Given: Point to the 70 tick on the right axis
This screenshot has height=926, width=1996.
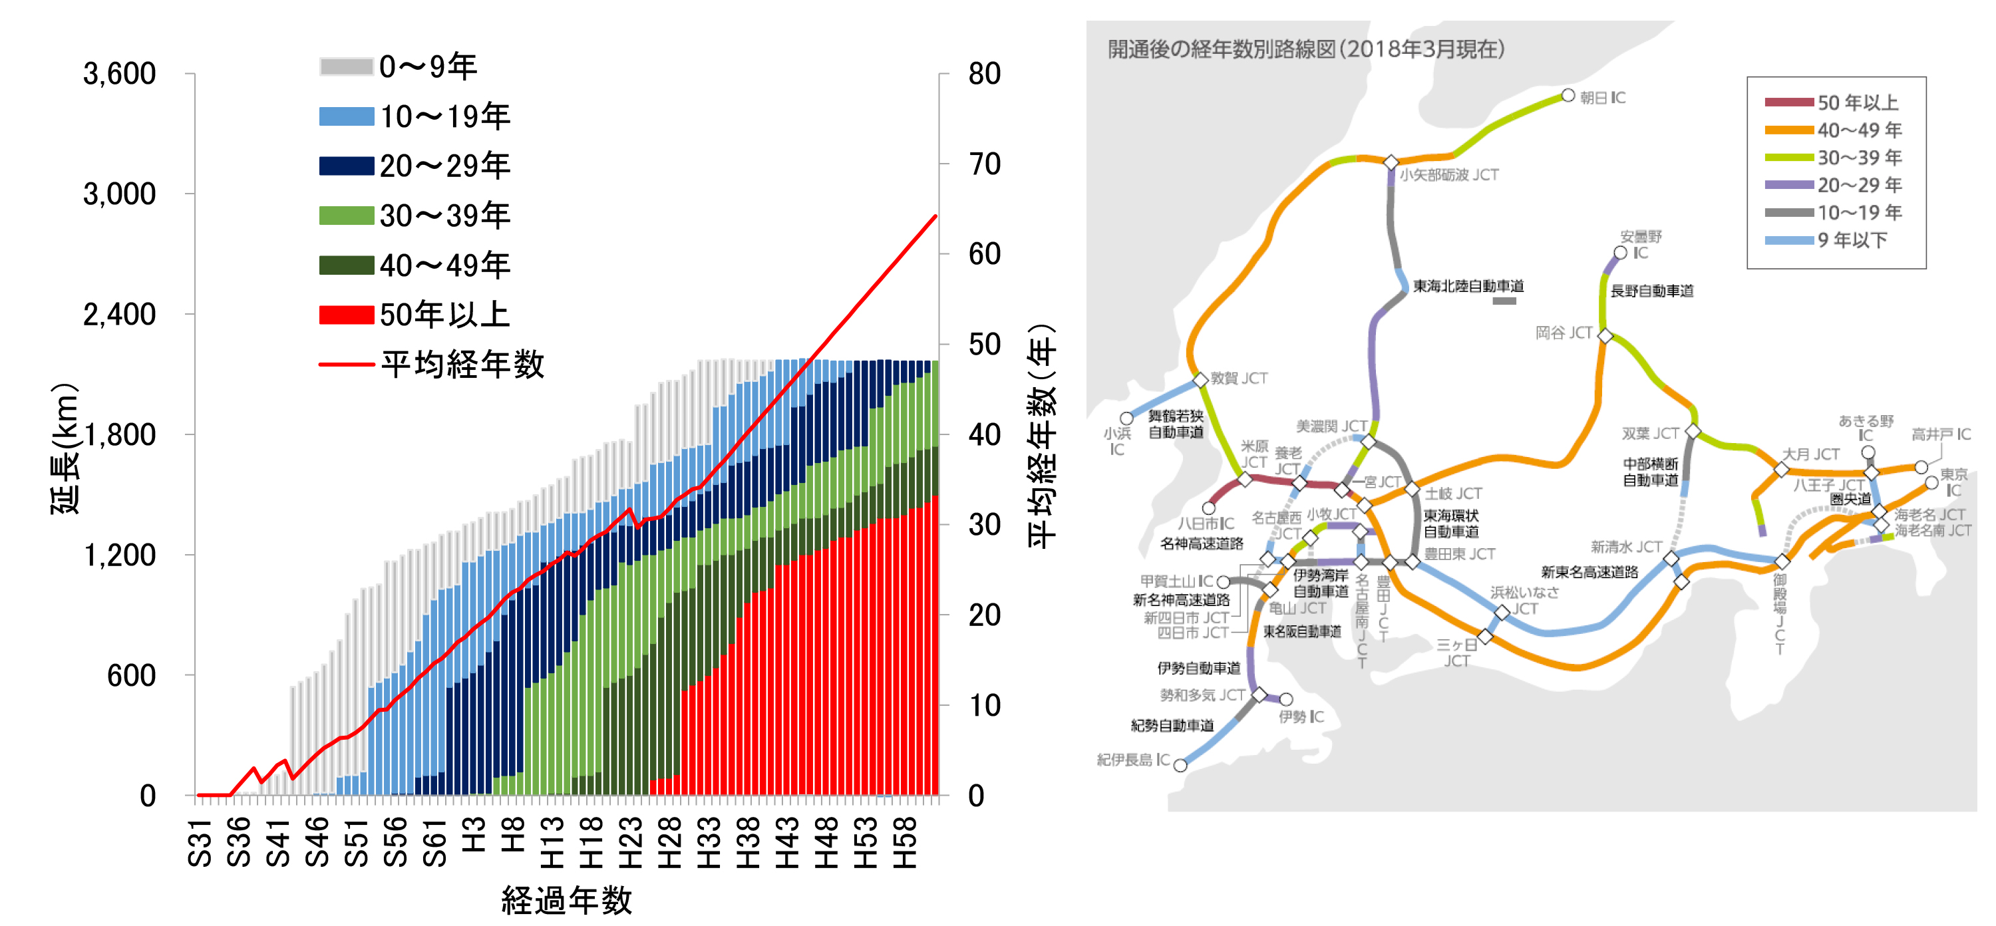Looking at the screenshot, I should coord(984,164).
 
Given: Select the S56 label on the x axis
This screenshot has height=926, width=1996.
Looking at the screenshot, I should coord(395,842).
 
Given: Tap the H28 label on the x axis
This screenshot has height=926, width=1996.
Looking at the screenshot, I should coord(669,842).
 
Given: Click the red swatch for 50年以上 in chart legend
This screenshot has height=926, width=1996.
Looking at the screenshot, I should coord(347,315).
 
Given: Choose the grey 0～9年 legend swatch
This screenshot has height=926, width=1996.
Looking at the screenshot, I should coord(347,67).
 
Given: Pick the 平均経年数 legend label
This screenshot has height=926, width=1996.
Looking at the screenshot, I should coord(462,364).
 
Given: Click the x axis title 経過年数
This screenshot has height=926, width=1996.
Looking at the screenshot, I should coord(566,901).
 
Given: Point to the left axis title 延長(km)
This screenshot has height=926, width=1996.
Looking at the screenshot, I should coord(65,450).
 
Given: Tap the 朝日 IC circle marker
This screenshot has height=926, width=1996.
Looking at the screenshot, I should coord(1568,95).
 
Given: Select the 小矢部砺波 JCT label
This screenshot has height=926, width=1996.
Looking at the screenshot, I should coord(1448,175).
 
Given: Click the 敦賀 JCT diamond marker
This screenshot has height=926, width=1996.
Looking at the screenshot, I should coord(1200,380).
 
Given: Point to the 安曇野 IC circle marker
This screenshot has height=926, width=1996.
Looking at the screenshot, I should coord(1620,253).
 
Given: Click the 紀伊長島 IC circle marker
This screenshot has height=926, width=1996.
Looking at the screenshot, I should coord(1180,766).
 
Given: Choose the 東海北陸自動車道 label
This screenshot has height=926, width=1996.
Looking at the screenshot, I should coord(1468,286).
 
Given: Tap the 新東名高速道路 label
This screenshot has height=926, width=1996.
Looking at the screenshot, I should coord(1589,572).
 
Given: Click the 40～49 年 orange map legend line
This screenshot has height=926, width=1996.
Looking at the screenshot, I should coord(1788,130).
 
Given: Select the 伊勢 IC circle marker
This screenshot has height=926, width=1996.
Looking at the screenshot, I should coord(1285,700).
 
